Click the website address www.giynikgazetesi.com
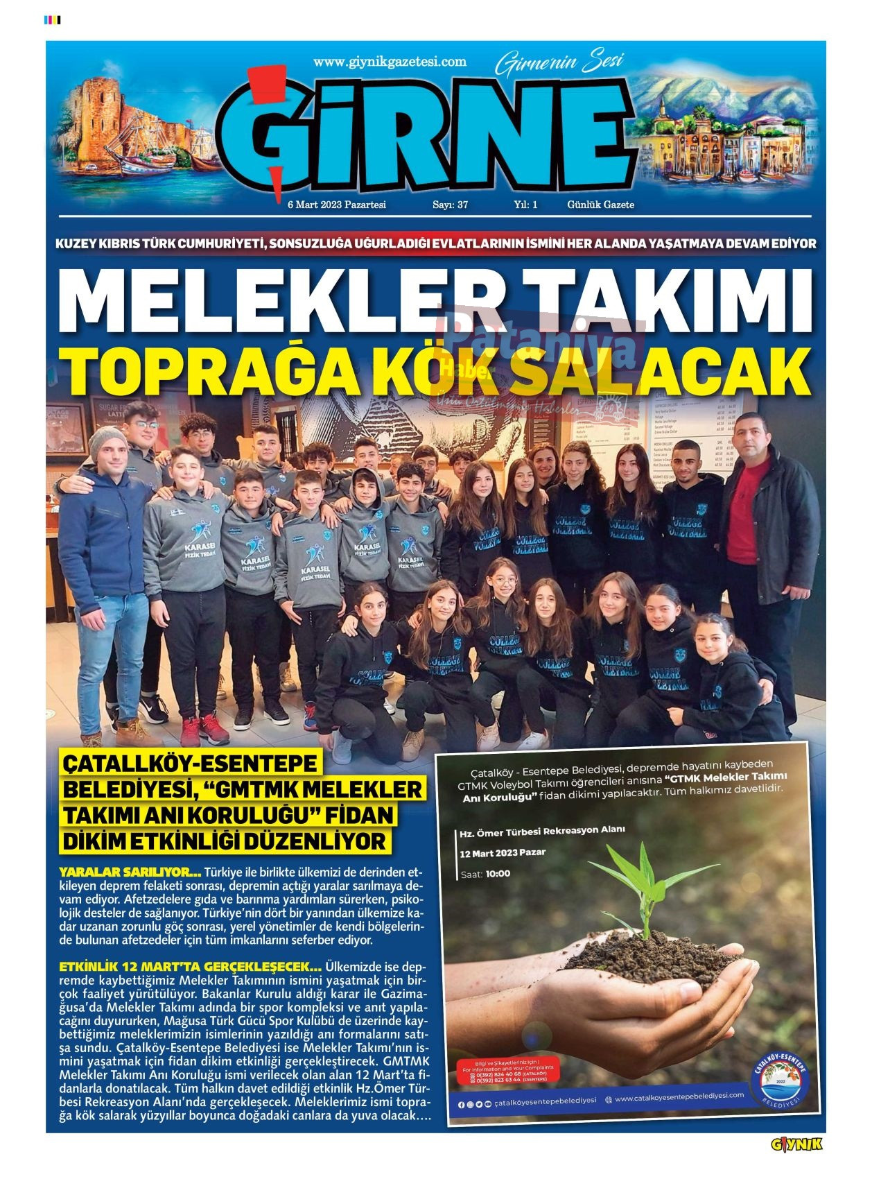pos(390,62)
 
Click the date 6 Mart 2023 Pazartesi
pos(336,205)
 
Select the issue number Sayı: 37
pos(451,205)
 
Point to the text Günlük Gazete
pos(600,205)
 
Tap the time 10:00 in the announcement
pos(498,874)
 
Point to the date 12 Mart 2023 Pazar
pos(503,852)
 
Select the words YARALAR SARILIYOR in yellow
pos(130,872)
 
